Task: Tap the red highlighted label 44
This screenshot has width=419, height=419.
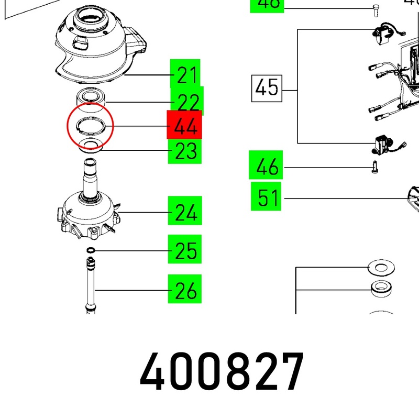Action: pos(184,126)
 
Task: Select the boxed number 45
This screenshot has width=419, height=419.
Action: pos(267,87)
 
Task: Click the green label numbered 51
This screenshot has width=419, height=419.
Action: pos(266,198)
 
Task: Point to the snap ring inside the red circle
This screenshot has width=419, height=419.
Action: pos(90,126)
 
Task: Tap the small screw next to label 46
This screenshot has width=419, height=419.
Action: pos(374,168)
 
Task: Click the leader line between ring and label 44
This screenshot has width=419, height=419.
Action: pos(139,126)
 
